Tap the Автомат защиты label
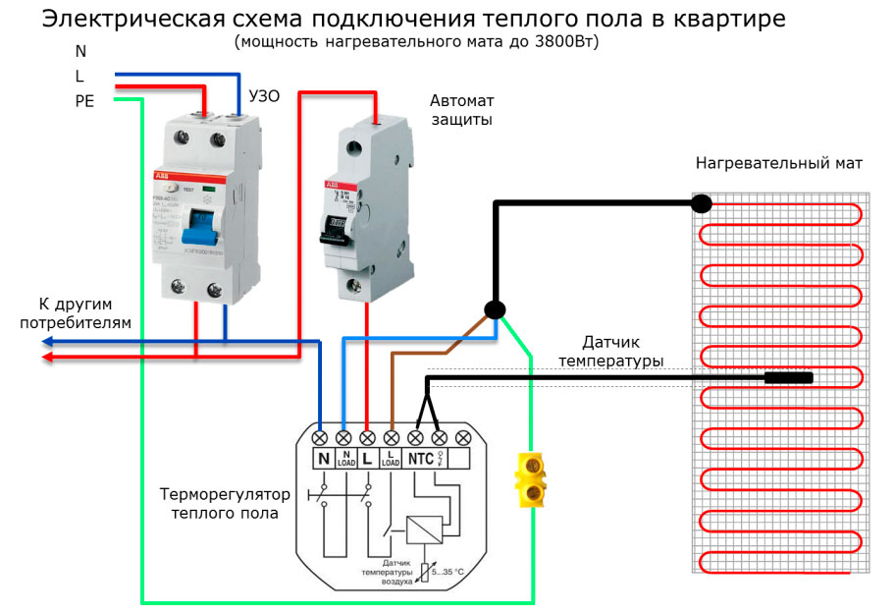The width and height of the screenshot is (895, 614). [x=461, y=109]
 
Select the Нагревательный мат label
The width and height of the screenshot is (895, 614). [x=779, y=163]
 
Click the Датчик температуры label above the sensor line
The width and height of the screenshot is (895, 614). [x=610, y=352]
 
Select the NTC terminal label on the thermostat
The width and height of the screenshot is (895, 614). [x=421, y=458]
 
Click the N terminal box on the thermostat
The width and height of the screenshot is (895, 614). [x=322, y=458]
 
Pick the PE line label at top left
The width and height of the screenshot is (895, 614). [x=84, y=100]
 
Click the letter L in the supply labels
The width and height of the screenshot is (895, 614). [x=79, y=75]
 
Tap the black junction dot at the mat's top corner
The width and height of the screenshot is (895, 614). [x=700, y=203]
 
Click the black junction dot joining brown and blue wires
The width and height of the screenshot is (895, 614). [x=497, y=310]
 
